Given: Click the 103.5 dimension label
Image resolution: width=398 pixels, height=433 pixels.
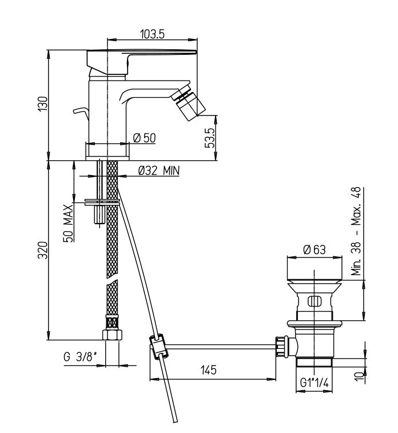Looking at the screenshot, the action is click(152, 34).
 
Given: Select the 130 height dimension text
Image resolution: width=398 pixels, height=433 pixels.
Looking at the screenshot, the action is click(43, 104).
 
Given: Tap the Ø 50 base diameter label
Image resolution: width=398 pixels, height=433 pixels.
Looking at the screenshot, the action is click(144, 138).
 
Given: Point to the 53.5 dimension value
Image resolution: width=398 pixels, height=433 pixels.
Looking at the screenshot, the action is click(210, 138).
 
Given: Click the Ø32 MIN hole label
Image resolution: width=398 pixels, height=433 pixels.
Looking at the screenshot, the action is click(159, 170).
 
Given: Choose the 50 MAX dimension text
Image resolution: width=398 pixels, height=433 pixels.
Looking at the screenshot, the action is click(69, 224).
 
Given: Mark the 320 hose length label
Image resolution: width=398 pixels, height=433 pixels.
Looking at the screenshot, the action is click(43, 250).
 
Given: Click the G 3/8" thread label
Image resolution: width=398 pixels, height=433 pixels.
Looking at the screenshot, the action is click(80, 357).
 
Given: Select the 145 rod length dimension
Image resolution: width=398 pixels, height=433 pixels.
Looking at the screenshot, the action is click(209, 370).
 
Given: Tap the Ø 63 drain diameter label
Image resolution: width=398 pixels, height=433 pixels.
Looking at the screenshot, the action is click(315, 249).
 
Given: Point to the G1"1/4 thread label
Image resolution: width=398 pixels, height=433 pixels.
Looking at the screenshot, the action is click(315, 383).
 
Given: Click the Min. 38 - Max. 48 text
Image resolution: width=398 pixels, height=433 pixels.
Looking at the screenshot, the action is click(356, 232).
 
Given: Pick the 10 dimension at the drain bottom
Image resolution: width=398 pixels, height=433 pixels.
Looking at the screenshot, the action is click(359, 376).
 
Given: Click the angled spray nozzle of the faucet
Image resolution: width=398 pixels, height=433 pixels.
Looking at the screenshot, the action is click(189, 103).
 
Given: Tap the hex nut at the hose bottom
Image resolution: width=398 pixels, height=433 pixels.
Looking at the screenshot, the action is click(112, 335).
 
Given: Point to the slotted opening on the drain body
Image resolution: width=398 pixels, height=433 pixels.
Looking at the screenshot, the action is click(315, 301).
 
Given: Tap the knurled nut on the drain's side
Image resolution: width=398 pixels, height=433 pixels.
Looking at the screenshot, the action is click(280, 346).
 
